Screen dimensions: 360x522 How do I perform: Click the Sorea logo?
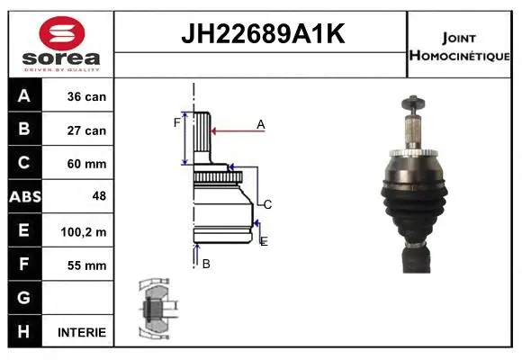(x=60, y=45)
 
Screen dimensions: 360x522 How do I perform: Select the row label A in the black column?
(x=24, y=96)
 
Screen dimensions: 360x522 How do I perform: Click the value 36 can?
(x=86, y=96)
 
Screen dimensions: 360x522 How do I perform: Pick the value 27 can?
(x=86, y=130)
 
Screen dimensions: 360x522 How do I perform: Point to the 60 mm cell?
(x=86, y=164)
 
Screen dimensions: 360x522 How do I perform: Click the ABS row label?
(x=24, y=197)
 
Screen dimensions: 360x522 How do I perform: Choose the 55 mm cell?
(x=86, y=265)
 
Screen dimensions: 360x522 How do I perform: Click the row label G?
(x=24, y=298)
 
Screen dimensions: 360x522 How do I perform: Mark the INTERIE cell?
(x=81, y=332)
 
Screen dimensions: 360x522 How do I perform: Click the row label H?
(x=24, y=332)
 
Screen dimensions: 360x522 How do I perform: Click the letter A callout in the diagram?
(x=260, y=124)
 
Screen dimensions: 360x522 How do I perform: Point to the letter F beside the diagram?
(x=176, y=122)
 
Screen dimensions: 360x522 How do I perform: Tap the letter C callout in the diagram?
(x=267, y=204)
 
